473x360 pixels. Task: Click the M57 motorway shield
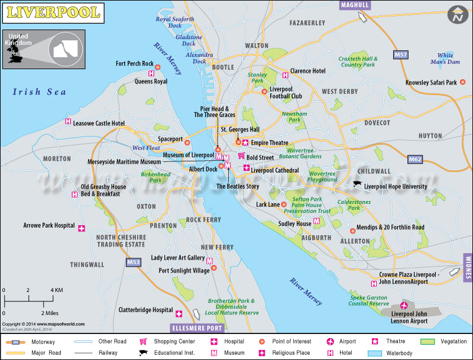tap(400, 54)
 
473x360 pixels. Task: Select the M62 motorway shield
tap(416, 159)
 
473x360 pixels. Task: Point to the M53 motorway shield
tap(134, 262)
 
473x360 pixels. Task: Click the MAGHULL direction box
tap(355, 5)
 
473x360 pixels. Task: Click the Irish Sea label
tap(40, 92)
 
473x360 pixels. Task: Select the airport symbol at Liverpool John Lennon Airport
tap(404, 306)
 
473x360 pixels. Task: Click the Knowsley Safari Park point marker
tap(462, 83)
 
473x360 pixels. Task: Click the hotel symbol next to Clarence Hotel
tap(286, 74)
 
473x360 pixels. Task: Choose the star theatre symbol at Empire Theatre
tap(245, 142)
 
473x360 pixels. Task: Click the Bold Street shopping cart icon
tap(241, 156)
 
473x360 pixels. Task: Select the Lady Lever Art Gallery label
tap(177, 258)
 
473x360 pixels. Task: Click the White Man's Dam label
tap(446, 59)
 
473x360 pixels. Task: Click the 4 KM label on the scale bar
tap(57, 290)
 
